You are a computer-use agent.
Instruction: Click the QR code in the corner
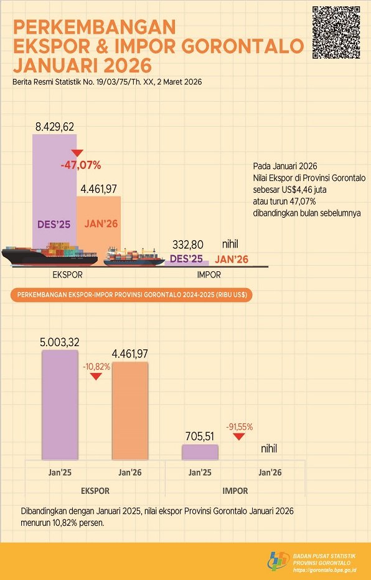click(336, 32)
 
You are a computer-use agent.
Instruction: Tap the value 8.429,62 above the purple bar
click(55, 127)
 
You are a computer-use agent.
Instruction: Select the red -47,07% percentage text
click(81, 165)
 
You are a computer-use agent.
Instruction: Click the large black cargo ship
click(50, 254)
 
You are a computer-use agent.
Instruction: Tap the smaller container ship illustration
click(133, 256)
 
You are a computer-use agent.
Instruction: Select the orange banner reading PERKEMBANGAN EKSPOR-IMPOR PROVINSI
click(131, 294)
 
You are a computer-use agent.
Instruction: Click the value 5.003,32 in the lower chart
click(60, 342)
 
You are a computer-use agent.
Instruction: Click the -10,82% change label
click(96, 367)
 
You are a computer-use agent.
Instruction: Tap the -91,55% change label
click(239, 427)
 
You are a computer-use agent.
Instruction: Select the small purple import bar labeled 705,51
click(200, 452)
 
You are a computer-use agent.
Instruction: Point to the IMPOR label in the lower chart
click(235, 491)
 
